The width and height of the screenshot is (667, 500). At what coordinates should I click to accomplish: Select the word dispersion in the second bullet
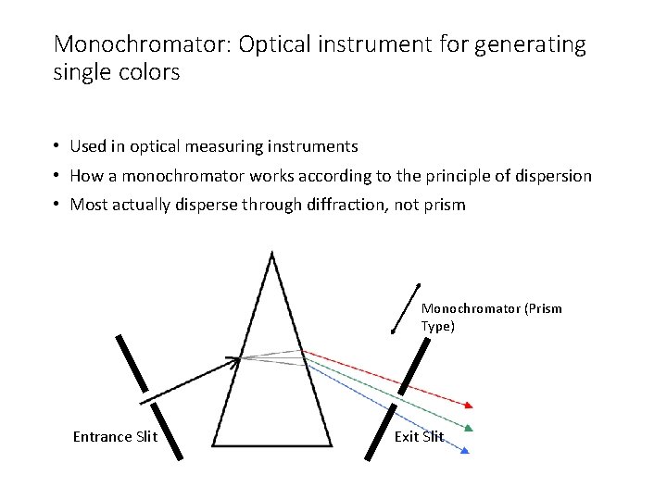coord(550,176)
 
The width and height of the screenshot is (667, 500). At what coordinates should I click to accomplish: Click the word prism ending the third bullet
coord(445,205)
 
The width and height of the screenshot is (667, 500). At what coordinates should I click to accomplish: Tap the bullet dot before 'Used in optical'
coord(57,146)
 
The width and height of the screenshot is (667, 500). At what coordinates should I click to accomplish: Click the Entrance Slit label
coord(115,437)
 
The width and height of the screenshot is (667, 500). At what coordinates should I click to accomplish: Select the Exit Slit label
coord(419,437)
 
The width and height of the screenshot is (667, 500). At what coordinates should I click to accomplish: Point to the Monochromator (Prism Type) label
coord(491,317)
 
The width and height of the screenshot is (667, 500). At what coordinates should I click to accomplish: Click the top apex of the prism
coord(271,254)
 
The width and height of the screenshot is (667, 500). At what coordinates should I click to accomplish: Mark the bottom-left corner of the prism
coord(214,444)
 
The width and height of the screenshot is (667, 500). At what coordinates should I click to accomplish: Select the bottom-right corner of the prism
coord(331,444)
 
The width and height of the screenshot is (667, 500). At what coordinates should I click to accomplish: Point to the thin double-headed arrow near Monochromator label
coord(407,307)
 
